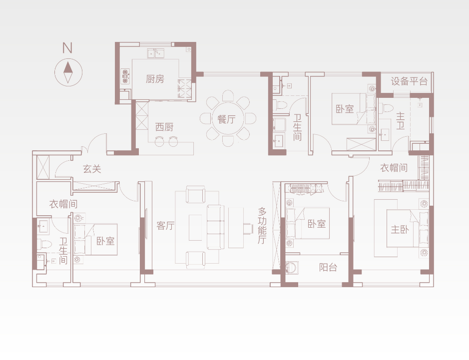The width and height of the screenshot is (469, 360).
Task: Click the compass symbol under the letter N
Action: (x=68, y=72)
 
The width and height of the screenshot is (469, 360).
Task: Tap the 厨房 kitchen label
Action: (x=155, y=79)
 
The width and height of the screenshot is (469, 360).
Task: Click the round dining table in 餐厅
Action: (x=228, y=118)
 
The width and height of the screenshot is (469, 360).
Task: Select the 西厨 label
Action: (x=164, y=127)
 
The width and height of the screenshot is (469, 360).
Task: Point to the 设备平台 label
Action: (x=409, y=81)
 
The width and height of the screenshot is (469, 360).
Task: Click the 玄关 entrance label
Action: (x=92, y=169)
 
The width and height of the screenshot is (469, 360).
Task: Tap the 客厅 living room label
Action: (x=165, y=225)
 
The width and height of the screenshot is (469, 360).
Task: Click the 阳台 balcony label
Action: (x=328, y=267)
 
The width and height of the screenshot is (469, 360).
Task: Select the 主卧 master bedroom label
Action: (x=400, y=230)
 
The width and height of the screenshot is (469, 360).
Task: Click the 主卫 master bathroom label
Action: (x=400, y=121)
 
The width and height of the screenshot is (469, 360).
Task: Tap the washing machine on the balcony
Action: (x=292, y=268)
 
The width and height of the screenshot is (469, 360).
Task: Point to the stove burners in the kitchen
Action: (x=125, y=76)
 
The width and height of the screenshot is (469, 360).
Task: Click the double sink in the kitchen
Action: (x=156, y=53)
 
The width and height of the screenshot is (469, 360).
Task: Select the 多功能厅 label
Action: (x=262, y=226)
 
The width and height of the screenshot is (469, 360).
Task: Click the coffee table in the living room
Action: (x=195, y=227)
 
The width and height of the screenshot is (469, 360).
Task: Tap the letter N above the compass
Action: (x=67, y=48)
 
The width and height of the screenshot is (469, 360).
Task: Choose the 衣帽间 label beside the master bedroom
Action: (x=394, y=168)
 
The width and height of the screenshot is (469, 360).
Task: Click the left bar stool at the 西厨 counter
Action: (x=159, y=141)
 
